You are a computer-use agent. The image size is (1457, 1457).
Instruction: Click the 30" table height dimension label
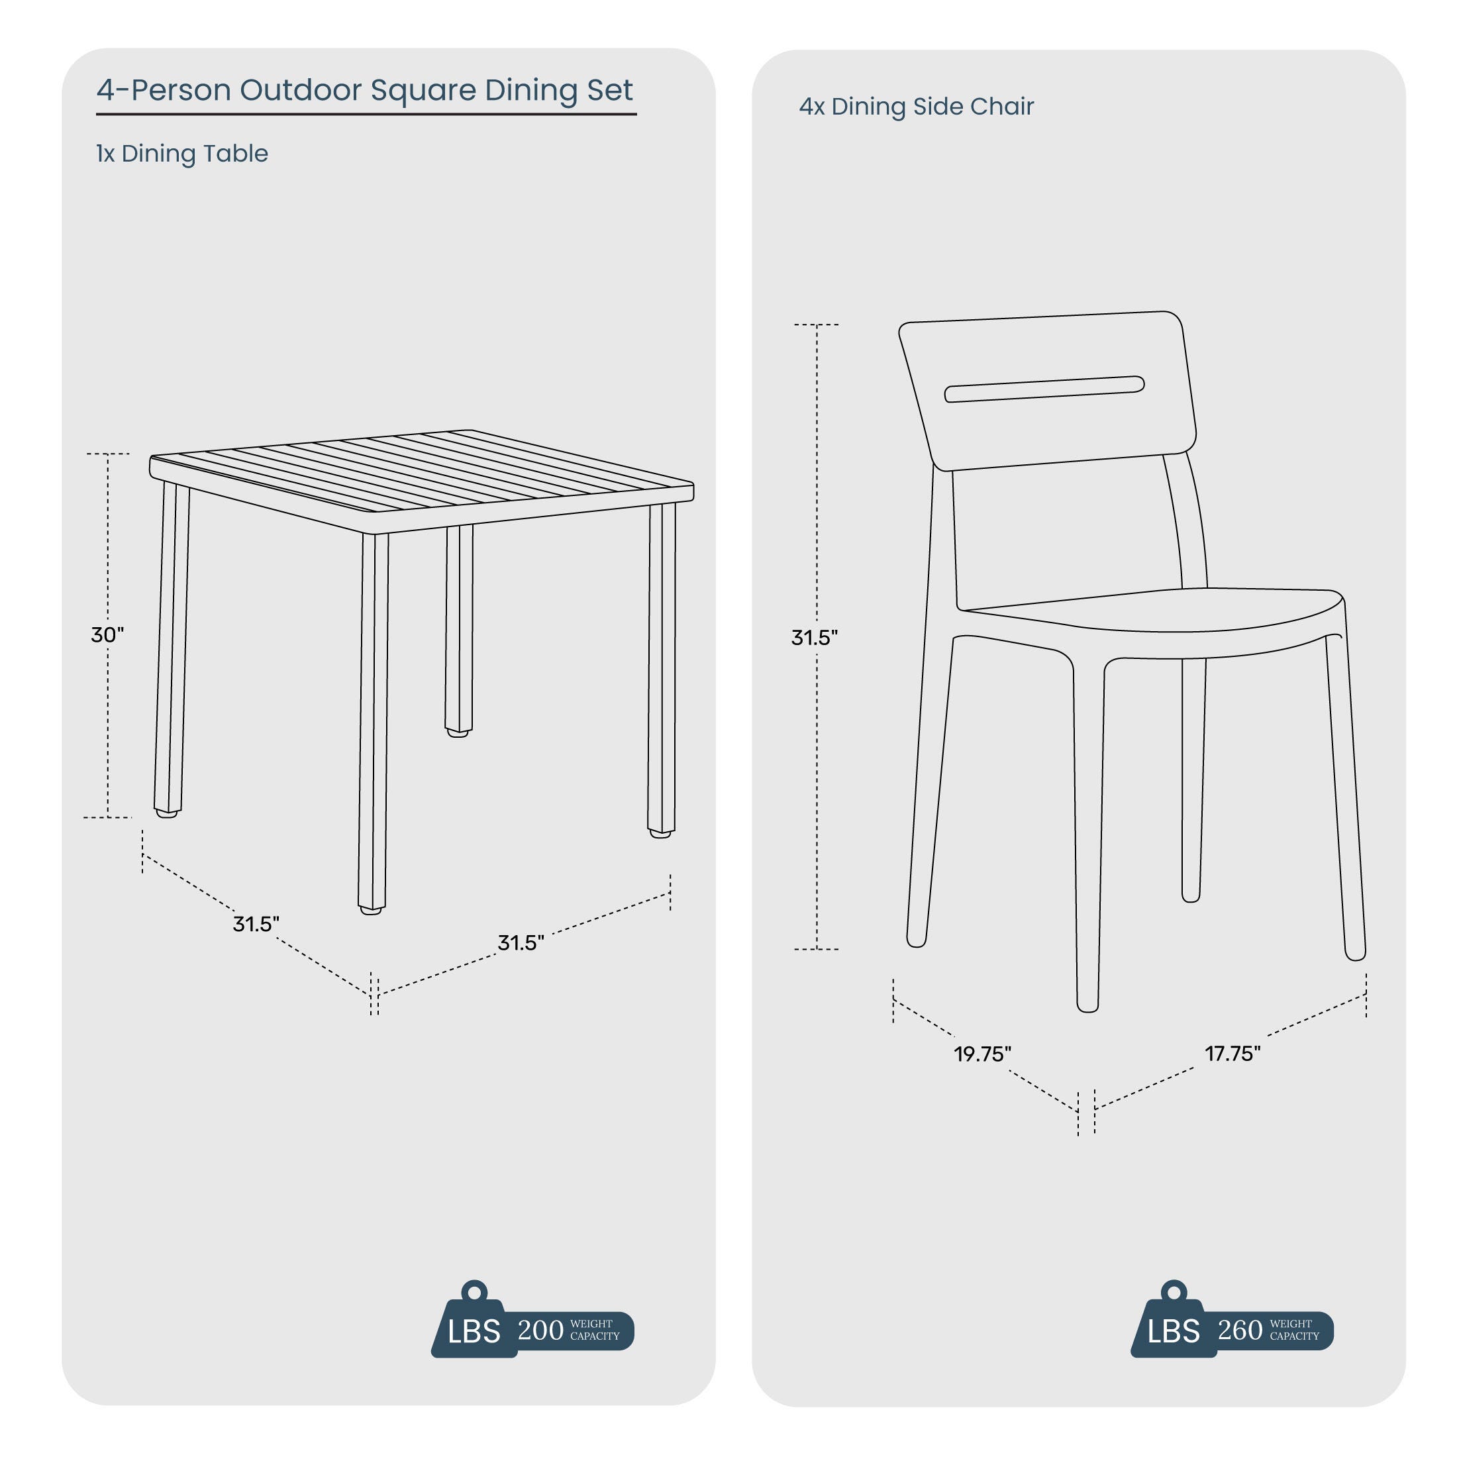click(x=107, y=634)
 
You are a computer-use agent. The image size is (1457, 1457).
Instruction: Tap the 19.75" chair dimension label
click(x=982, y=1054)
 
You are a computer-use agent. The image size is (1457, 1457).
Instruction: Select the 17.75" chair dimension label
click(x=1232, y=1053)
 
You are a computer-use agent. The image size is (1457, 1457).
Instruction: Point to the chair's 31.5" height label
click(x=815, y=637)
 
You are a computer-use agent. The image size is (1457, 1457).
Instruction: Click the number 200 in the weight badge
click(x=540, y=1331)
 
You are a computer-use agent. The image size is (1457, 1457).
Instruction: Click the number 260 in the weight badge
click(x=1240, y=1331)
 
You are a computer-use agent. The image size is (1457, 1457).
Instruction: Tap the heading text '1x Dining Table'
click(x=181, y=153)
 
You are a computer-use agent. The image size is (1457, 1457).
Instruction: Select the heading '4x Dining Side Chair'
click(x=917, y=107)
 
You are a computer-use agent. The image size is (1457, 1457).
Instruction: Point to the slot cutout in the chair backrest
click(x=1044, y=389)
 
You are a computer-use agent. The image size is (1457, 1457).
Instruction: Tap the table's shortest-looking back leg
click(x=458, y=630)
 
